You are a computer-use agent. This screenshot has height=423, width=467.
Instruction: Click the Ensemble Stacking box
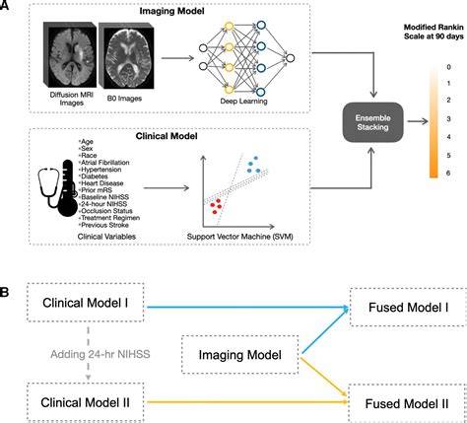click(x=372, y=122)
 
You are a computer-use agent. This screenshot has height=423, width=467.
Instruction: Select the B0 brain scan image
click(x=126, y=55)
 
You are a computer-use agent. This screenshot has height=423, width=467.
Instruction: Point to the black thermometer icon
click(x=69, y=188)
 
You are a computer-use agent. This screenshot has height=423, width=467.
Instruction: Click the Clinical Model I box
click(x=86, y=303)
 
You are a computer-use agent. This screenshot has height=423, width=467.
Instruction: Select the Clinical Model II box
click(x=86, y=402)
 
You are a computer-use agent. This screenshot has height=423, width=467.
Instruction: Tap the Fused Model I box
click(x=408, y=308)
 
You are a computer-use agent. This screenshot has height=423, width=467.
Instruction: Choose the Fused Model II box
click(x=407, y=403)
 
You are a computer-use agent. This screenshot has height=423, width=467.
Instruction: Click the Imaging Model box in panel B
click(x=240, y=355)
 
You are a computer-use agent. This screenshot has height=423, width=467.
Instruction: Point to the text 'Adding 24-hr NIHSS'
click(x=100, y=354)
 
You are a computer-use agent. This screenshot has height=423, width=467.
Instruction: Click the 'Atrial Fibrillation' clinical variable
click(x=104, y=163)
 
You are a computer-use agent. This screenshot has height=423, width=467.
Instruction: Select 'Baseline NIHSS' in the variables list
click(x=104, y=197)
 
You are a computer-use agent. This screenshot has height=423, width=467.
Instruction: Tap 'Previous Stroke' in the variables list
click(x=104, y=225)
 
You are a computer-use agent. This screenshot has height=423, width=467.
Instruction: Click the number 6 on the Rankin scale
click(x=448, y=174)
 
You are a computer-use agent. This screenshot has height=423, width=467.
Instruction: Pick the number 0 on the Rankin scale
click(x=448, y=67)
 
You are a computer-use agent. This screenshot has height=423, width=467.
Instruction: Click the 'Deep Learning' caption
click(x=243, y=101)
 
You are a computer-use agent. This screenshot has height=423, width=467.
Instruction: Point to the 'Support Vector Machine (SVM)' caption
click(x=239, y=237)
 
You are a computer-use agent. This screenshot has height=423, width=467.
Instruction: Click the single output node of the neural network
click(x=290, y=58)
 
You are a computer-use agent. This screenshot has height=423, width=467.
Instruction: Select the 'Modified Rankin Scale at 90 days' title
click(x=434, y=32)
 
